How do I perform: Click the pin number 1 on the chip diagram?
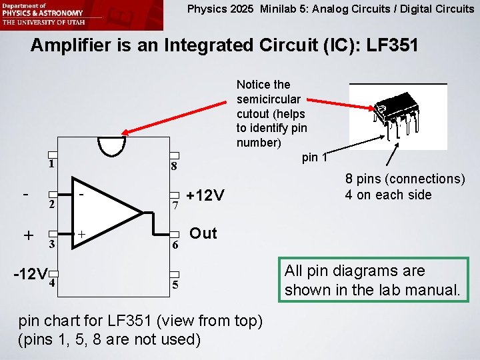coord(51,164)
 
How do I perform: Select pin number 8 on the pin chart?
coord(173,167)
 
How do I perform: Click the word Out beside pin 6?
coord(203,233)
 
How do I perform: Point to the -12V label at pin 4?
coord(31,275)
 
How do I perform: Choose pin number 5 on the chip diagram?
coord(175,285)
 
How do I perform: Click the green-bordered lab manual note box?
coord(373,280)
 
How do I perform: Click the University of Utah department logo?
coord(43,13)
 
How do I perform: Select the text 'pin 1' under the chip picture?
coord(315,158)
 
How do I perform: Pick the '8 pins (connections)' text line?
coord(405,179)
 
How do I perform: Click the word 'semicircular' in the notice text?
coord(268,99)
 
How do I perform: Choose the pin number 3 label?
coord(51,244)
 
